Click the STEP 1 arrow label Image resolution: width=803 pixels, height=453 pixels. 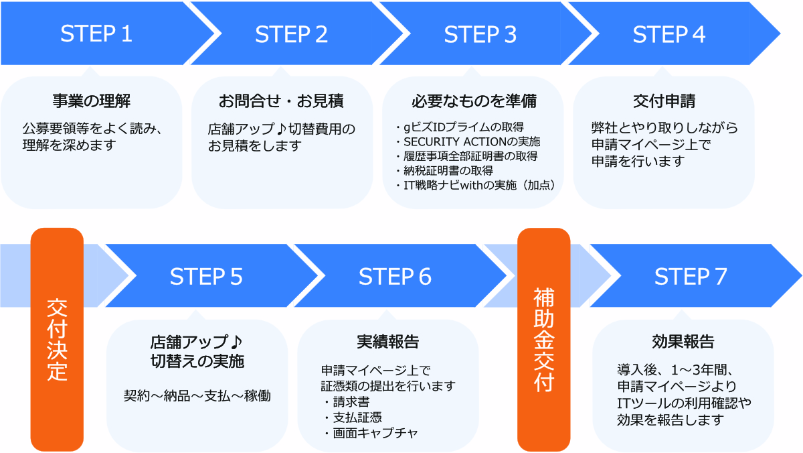[96, 34]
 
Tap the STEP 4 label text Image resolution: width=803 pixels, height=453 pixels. [669, 34]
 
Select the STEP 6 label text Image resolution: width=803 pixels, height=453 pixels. [395, 277]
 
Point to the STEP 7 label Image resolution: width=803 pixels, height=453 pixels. [691, 277]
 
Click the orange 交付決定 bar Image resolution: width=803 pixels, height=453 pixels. [57, 339]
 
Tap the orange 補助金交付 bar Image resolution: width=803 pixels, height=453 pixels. [543, 339]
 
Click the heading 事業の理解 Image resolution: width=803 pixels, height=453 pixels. [92, 101]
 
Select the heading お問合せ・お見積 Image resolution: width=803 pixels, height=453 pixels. [281, 101]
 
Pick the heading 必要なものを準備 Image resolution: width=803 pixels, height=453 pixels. [474, 101]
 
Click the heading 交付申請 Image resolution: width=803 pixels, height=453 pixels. [664, 101]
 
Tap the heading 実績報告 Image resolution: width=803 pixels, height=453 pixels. [388, 342]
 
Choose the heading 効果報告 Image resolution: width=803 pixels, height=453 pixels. [683, 341]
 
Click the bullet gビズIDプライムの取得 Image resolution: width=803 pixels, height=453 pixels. [460, 127]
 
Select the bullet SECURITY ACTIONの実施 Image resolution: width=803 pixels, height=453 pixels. [468, 142]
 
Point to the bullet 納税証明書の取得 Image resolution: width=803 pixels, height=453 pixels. [444, 170]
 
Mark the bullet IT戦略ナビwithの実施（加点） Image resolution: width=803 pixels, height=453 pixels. [476, 185]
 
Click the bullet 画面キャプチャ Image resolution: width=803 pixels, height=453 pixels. [371, 434]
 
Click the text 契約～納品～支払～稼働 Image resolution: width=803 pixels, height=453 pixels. [197, 396]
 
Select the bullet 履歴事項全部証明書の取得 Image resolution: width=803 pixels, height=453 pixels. [467, 156]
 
